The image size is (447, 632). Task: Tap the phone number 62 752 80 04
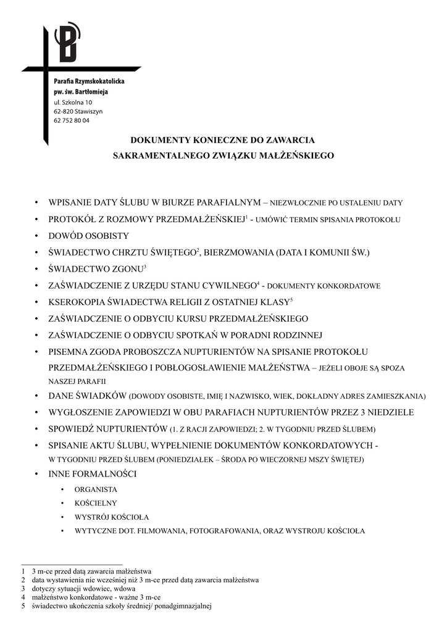point(72,121)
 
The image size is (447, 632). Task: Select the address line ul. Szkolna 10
point(73,102)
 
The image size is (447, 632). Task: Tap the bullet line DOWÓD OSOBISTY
point(89,236)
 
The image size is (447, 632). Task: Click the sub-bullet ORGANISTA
point(96,489)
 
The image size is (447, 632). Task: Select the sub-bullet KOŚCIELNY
point(96,503)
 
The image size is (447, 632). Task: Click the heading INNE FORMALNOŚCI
point(93,474)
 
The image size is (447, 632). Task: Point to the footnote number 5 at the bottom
point(23,606)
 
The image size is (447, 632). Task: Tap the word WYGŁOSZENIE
point(80,412)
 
